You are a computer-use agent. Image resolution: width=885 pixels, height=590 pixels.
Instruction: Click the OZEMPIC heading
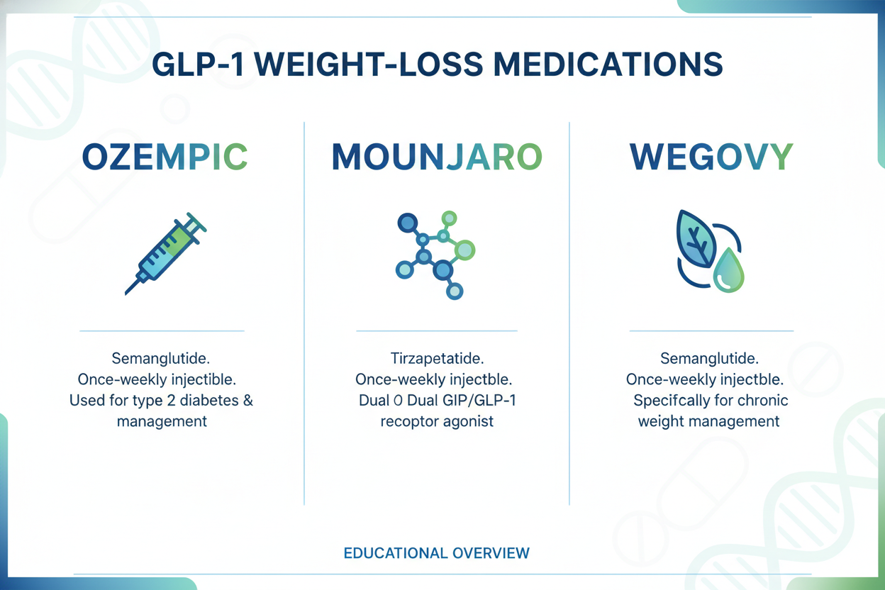[165, 157]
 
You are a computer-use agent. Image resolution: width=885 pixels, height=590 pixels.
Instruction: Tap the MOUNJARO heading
[437, 157]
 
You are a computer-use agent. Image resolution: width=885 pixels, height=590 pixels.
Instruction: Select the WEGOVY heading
[711, 157]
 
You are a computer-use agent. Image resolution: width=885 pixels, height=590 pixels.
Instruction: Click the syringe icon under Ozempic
[165, 253]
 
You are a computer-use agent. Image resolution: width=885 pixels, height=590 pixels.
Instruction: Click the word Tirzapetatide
[437, 357]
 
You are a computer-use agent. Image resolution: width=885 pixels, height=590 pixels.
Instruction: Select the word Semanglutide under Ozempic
[161, 357]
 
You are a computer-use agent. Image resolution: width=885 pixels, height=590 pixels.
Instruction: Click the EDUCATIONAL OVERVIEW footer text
[436, 552]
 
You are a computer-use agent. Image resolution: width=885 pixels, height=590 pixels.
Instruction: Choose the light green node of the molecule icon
[464, 249]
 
